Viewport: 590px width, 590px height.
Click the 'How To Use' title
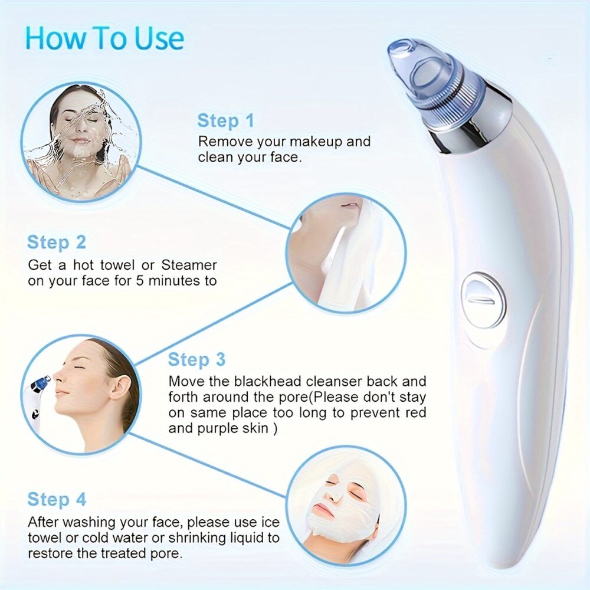click(x=104, y=38)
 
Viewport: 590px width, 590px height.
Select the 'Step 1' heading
click(x=225, y=121)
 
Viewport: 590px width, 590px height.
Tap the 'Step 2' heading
click(x=57, y=242)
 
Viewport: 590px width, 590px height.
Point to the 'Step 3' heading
click(x=196, y=359)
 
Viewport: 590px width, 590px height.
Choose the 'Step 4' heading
click(x=57, y=500)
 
